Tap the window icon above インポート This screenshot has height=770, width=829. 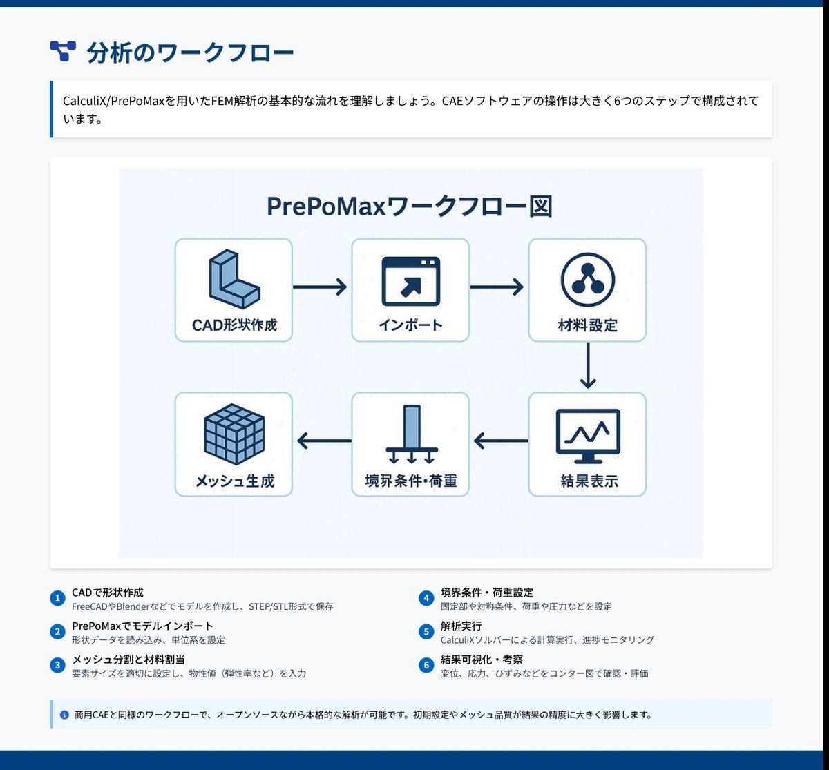pyautogui.click(x=410, y=282)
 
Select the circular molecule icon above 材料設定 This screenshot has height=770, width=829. pyautogui.click(x=587, y=281)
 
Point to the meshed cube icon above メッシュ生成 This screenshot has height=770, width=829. pyautogui.click(x=234, y=435)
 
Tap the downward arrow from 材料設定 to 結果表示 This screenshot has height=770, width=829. pyautogui.click(x=587, y=366)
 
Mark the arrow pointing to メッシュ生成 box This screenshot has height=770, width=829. pyautogui.click(x=323, y=440)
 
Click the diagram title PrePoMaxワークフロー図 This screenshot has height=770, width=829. pyautogui.click(x=410, y=206)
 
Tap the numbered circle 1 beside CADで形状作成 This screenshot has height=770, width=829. pyautogui.click(x=58, y=598)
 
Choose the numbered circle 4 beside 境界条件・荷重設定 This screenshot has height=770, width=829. pyautogui.click(x=426, y=598)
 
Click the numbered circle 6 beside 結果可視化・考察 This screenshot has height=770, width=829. pyautogui.click(x=426, y=665)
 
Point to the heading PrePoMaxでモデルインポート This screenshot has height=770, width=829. pyautogui.click(x=142, y=626)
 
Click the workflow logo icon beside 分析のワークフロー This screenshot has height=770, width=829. pyautogui.click(x=63, y=51)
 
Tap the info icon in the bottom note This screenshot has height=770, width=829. pyautogui.click(x=64, y=715)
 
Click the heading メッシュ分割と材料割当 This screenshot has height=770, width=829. pyautogui.click(x=128, y=660)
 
